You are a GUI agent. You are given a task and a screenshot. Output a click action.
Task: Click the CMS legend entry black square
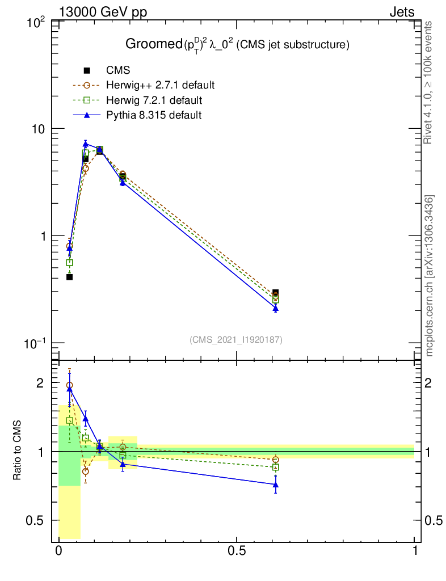[x=87, y=71]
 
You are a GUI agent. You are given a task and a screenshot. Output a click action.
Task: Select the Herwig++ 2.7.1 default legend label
[x=160, y=86]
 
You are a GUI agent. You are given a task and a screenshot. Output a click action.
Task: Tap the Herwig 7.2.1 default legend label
[x=154, y=100]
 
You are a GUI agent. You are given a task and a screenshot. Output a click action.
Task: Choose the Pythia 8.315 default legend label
[x=154, y=115]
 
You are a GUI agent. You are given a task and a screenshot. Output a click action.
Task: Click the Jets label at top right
[x=401, y=12]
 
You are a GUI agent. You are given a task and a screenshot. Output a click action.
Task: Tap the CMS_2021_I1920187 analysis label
[x=236, y=339]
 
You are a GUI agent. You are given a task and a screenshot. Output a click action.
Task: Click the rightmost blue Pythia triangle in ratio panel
[x=276, y=485]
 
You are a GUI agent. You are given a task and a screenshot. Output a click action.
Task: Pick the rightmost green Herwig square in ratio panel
[x=276, y=468]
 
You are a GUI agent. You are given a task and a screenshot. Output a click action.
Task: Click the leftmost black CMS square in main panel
[x=69, y=277]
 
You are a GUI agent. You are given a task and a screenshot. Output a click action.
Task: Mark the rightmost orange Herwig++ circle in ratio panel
[x=276, y=460]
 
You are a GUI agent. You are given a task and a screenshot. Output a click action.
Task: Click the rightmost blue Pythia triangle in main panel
[x=276, y=308]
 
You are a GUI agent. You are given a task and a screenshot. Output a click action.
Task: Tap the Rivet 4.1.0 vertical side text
[x=429, y=82]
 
